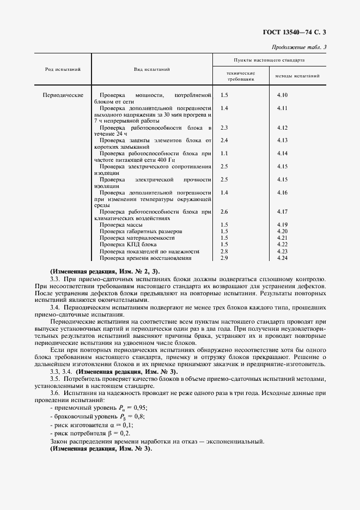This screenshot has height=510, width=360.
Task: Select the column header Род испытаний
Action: [63, 69]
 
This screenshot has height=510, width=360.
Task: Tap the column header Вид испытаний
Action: [152, 69]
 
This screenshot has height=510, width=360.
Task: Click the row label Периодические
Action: [63, 95]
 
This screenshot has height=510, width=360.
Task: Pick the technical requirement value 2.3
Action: [224, 127]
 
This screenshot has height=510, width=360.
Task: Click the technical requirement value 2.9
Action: [224, 257]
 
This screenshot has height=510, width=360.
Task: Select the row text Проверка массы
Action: [121, 225]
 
